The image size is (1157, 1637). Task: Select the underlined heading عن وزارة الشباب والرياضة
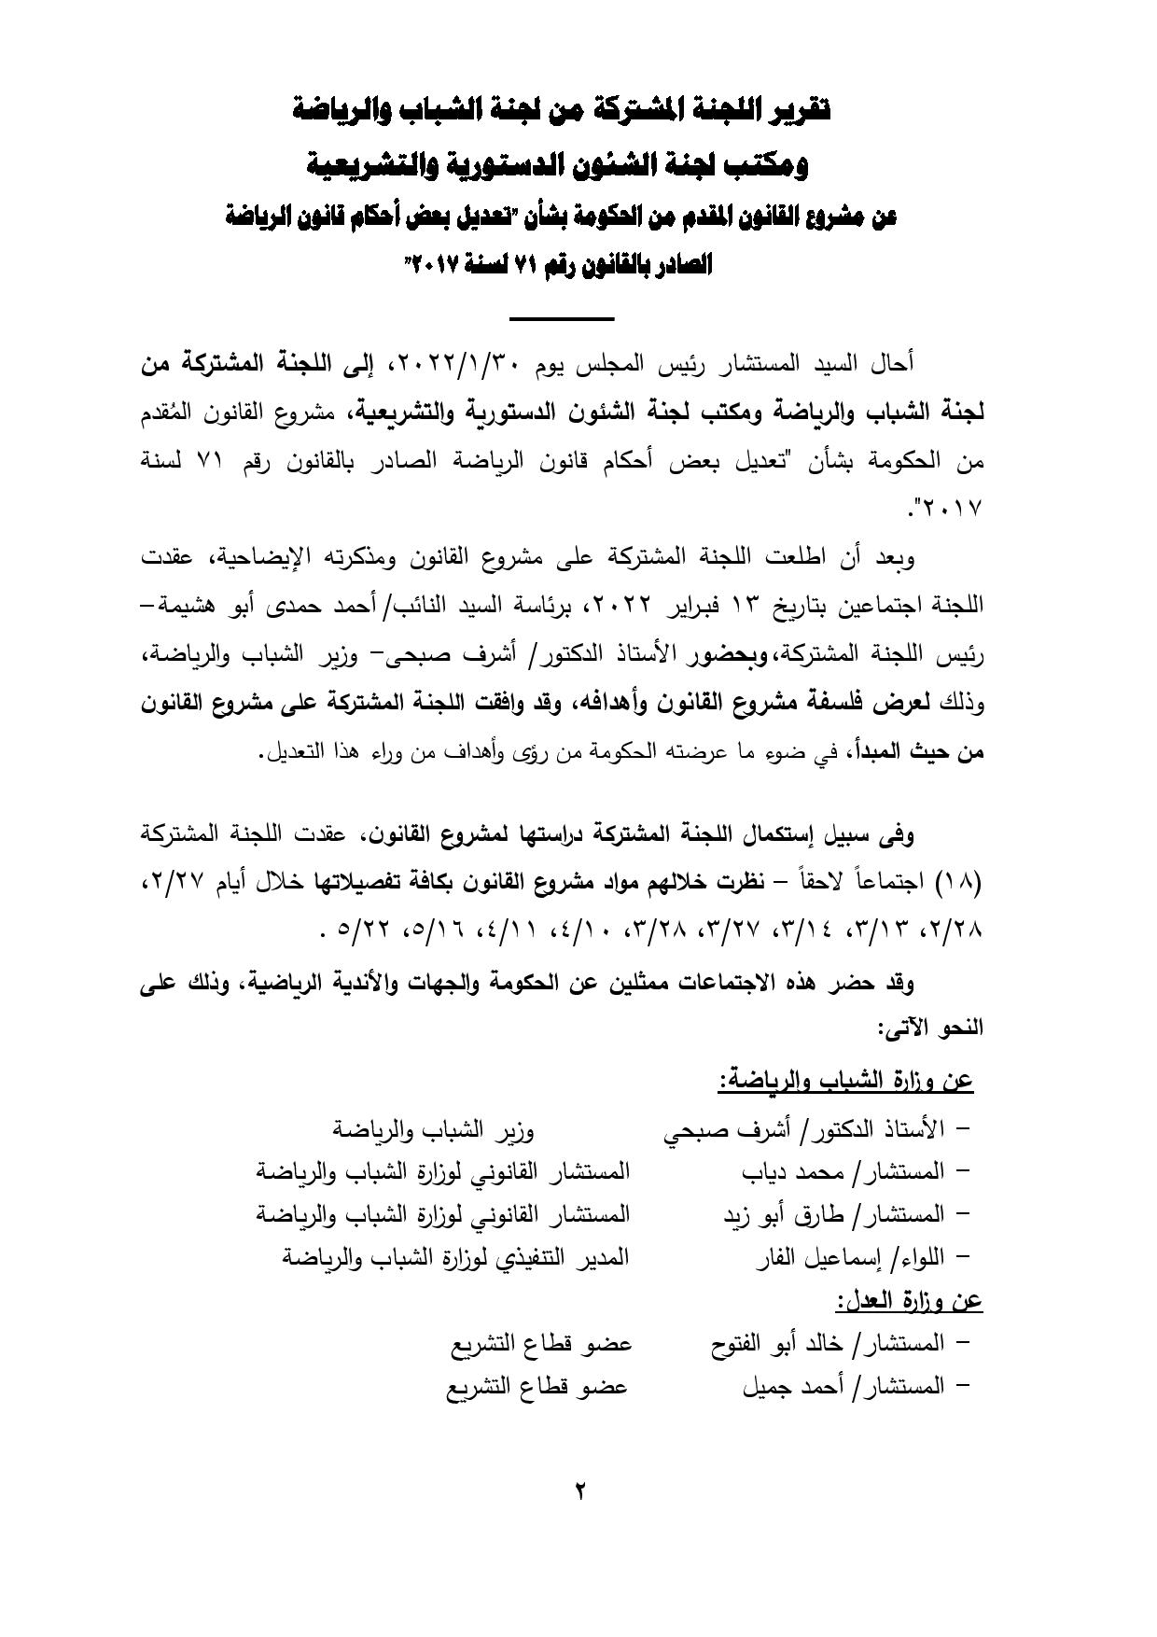click(846, 1082)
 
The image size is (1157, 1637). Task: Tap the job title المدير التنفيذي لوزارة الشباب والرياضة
click(456, 1257)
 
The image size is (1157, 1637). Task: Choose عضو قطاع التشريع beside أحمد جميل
click(537, 1388)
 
